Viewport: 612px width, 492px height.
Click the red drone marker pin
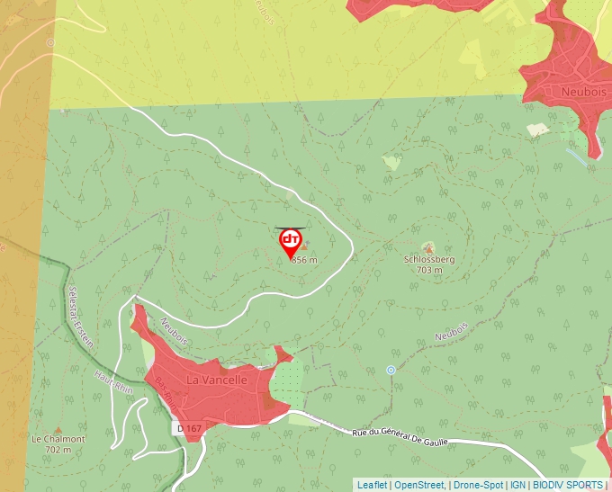[x=291, y=241]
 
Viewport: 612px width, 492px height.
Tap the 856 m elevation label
[x=305, y=260]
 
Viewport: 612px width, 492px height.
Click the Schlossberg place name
[x=429, y=260]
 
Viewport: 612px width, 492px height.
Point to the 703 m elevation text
[x=429, y=270]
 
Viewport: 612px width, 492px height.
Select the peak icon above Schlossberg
[x=429, y=247]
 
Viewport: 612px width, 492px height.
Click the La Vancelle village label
[x=216, y=380]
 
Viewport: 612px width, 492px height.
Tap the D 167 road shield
[x=188, y=429]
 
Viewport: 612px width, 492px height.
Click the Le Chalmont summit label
[x=58, y=440]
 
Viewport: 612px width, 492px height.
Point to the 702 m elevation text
[x=58, y=450]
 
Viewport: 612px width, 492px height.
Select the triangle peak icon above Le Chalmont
[x=58, y=429]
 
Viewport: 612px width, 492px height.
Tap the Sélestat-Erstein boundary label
[x=81, y=319]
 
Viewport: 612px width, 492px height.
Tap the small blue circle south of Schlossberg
[x=391, y=370]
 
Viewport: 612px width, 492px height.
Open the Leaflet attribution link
[x=372, y=485]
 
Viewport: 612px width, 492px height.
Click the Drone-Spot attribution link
[x=478, y=485]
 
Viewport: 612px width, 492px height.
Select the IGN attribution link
[x=518, y=485]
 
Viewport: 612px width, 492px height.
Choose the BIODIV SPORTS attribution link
[x=568, y=485]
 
